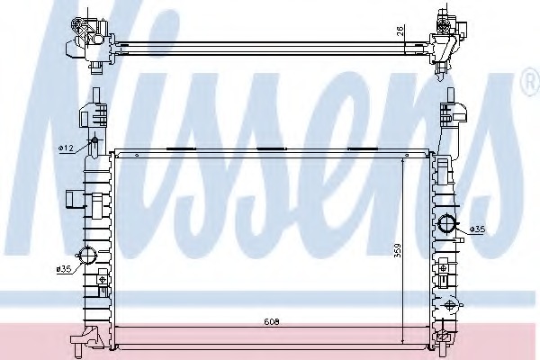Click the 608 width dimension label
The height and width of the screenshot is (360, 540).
point(272,322)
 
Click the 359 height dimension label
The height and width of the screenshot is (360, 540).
point(398,251)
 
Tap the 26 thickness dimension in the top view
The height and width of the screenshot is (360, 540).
point(400,31)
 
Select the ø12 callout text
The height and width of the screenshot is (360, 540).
point(66,148)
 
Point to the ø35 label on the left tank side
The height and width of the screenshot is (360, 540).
point(63,269)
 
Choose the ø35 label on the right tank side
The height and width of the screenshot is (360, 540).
point(478,229)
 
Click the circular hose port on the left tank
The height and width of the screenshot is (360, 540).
point(87,256)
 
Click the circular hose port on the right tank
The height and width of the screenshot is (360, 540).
point(446,224)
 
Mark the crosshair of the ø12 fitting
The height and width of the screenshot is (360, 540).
point(94,141)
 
